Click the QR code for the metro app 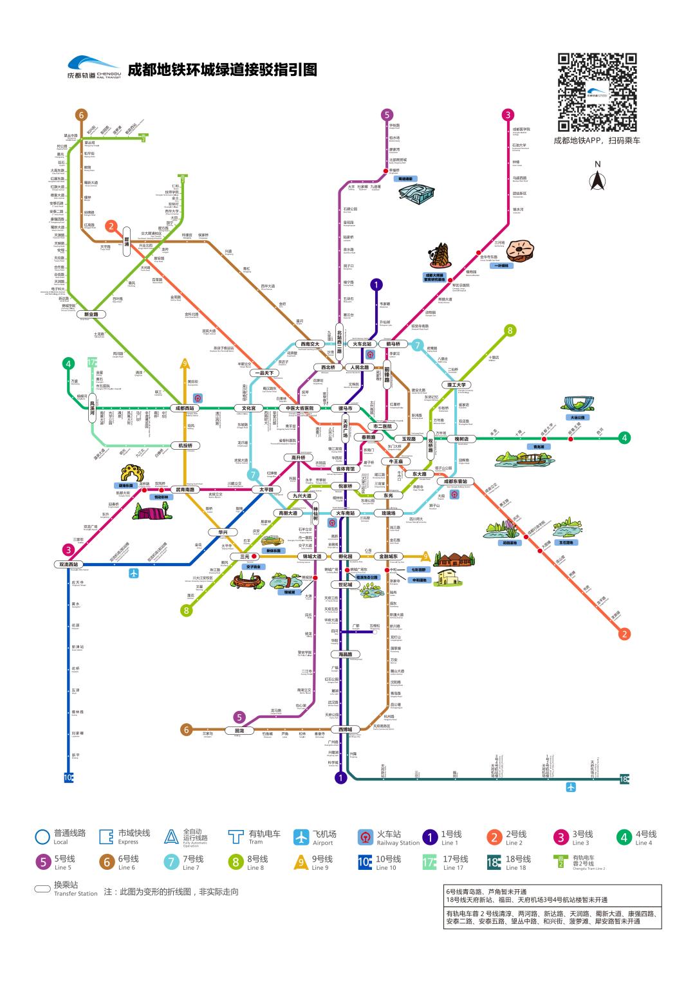click(597, 93)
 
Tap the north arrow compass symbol click(597, 181)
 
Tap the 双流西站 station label click(69, 564)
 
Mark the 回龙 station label click(239, 730)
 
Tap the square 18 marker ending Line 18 click(624, 779)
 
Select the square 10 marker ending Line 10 click(69, 777)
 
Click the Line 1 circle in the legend click(430, 836)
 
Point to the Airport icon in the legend click(302, 836)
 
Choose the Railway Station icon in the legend click(366, 836)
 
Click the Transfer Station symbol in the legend click(42, 889)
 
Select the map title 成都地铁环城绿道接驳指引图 click(222, 69)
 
